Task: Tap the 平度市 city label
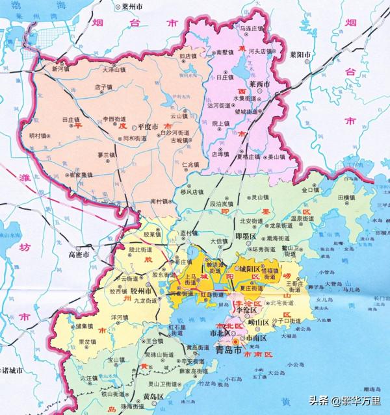(146, 127)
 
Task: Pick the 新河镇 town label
(60, 68)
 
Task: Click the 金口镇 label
(311, 190)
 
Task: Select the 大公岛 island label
(276, 373)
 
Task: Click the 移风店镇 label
(192, 192)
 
